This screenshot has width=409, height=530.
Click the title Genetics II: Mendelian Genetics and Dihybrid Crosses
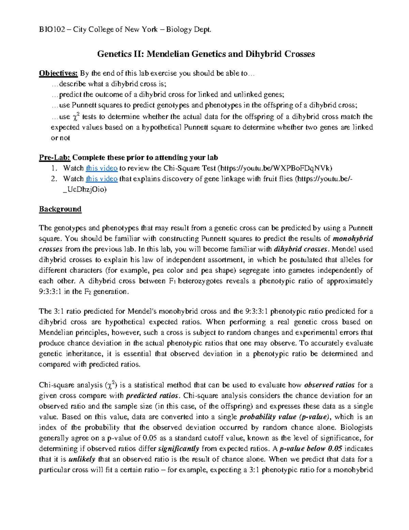pyautogui.click(x=206, y=54)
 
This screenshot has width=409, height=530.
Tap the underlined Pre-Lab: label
pyautogui.click(x=55, y=157)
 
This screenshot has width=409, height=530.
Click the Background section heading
pyautogui.click(x=60, y=209)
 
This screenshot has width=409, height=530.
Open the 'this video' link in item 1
pyautogui.click(x=102, y=168)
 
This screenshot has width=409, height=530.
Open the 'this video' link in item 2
pyautogui.click(x=102, y=178)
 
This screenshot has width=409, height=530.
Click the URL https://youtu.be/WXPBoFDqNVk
pyautogui.click(x=275, y=168)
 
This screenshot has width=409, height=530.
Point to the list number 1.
pyautogui.click(x=54, y=168)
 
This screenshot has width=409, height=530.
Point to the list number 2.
pyautogui.click(x=54, y=178)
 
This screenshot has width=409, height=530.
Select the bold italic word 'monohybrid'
pyautogui.click(x=352, y=239)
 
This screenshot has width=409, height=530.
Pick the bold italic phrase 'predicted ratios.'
pyautogui.click(x=153, y=396)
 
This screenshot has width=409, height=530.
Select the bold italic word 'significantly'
pyautogui.click(x=179, y=449)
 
